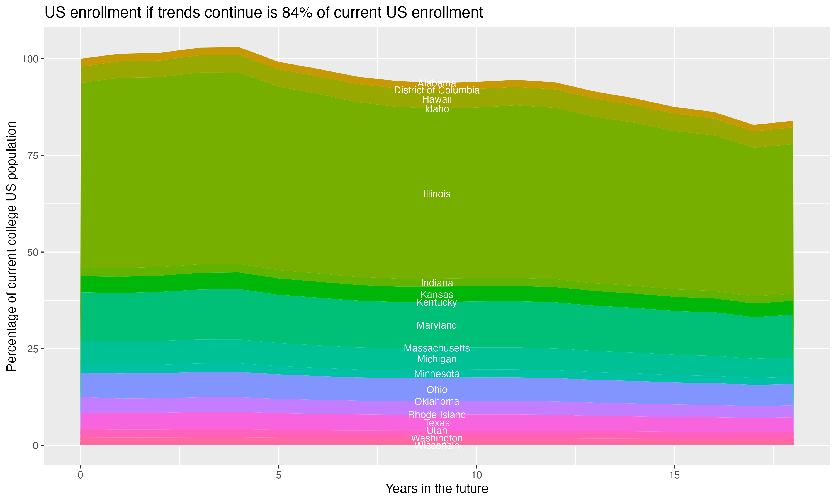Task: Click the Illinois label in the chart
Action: click(x=437, y=194)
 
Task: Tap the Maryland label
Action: click(x=437, y=325)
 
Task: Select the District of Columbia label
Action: click(x=437, y=90)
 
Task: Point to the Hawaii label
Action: click(x=437, y=100)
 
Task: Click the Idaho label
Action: click(x=437, y=109)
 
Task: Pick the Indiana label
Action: click(x=437, y=283)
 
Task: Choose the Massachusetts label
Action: click(x=437, y=348)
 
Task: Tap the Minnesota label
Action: click(x=437, y=374)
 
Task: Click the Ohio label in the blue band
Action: click(x=437, y=390)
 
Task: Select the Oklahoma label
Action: click(x=437, y=402)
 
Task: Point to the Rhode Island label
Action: click(x=437, y=415)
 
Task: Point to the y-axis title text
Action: click(x=11, y=246)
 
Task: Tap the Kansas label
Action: click(x=437, y=295)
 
